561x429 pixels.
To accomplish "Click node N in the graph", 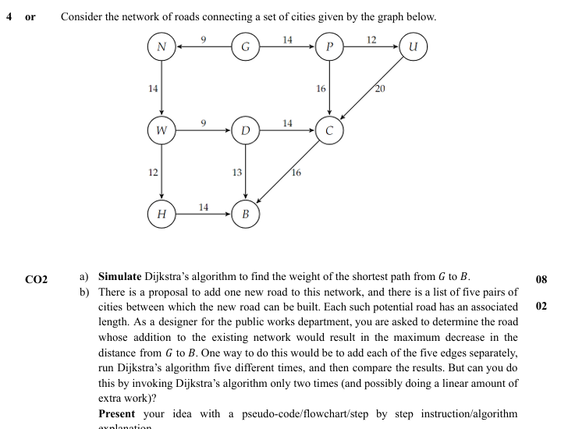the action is (162, 47).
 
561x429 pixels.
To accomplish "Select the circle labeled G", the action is (245, 47).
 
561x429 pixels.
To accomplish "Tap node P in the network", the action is (329, 47).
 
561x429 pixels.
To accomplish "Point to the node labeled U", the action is (413, 47).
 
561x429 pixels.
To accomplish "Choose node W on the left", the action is (162, 130).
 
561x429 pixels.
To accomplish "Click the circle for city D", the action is (245, 130).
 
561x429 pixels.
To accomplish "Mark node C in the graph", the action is (329, 130).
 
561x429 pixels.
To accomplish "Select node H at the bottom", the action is (162, 213).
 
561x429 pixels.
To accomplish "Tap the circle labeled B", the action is (245, 213).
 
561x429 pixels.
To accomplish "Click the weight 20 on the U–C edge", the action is (380, 88).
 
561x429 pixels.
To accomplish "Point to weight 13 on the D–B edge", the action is (237, 172).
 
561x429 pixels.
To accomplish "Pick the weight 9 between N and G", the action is (203, 39).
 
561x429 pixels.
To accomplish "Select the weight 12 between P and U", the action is (371, 39).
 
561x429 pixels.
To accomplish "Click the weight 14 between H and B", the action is (203, 206).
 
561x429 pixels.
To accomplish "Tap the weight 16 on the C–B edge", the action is (296, 172).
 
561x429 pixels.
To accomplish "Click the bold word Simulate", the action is (119, 277).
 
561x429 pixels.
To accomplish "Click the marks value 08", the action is (542, 278).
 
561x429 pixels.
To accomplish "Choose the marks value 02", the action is (542, 307).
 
